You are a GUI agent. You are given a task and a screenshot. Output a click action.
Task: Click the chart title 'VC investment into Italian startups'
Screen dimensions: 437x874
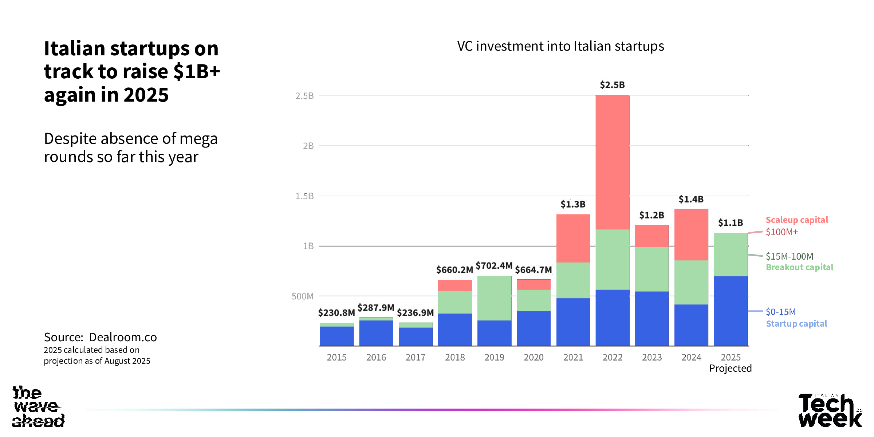[x=560, y=46]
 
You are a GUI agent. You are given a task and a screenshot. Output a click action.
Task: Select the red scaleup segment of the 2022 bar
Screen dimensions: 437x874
[x=613, y=162]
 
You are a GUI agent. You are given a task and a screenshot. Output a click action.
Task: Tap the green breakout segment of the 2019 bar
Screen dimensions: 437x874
[x=494, y=298]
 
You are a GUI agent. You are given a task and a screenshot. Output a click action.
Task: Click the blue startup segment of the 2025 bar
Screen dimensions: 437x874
[x=731, y=311]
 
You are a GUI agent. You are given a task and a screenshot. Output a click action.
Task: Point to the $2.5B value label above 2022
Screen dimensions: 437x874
[x=612, y=85]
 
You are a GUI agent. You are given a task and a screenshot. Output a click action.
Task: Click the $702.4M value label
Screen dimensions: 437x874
[x=494, y=265]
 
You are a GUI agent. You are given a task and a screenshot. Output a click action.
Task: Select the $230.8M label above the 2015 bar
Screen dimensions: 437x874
[x=336, y=312]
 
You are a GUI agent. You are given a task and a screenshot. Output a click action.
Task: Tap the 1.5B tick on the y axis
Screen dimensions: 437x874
[x=304, y=196]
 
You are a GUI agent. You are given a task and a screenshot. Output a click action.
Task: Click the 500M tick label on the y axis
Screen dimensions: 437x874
[x=302, y=296]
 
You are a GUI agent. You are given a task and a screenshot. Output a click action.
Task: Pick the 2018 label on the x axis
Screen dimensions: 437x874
[x=455, y=357]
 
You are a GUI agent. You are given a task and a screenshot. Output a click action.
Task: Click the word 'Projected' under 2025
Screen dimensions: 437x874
[x=730, y=368]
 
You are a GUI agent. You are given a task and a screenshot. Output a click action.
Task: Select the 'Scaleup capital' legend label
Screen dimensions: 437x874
[x=797, y=220]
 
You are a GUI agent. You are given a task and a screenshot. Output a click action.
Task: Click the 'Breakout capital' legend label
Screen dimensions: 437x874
[x=799, y=267]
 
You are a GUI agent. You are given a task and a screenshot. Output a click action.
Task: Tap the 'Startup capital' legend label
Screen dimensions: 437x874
[x=796, y=324]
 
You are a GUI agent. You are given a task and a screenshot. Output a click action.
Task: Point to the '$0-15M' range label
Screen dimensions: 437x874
[x=781, y=312]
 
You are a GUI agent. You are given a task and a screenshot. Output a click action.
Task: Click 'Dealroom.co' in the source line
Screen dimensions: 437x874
[x=123, y=337]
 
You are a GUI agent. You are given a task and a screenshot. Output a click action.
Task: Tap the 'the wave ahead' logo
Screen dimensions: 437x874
[x=38, y=406]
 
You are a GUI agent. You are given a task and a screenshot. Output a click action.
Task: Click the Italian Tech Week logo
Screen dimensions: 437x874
[x=830, y=410]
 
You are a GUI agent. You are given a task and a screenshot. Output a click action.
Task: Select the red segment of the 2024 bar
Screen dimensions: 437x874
[x=691, y=235]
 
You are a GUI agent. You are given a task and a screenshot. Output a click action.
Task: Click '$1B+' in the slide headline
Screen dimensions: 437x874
[x=197, y=71]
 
